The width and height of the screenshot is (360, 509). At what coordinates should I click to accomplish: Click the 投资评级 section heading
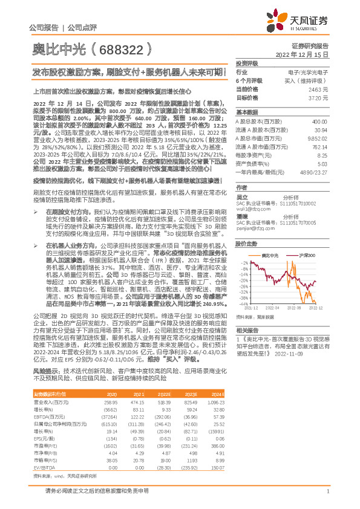coord(247,62)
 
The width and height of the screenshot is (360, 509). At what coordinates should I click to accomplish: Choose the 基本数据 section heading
coord(247,112)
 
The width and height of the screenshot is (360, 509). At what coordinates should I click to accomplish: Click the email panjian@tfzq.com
coord(252,230)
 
